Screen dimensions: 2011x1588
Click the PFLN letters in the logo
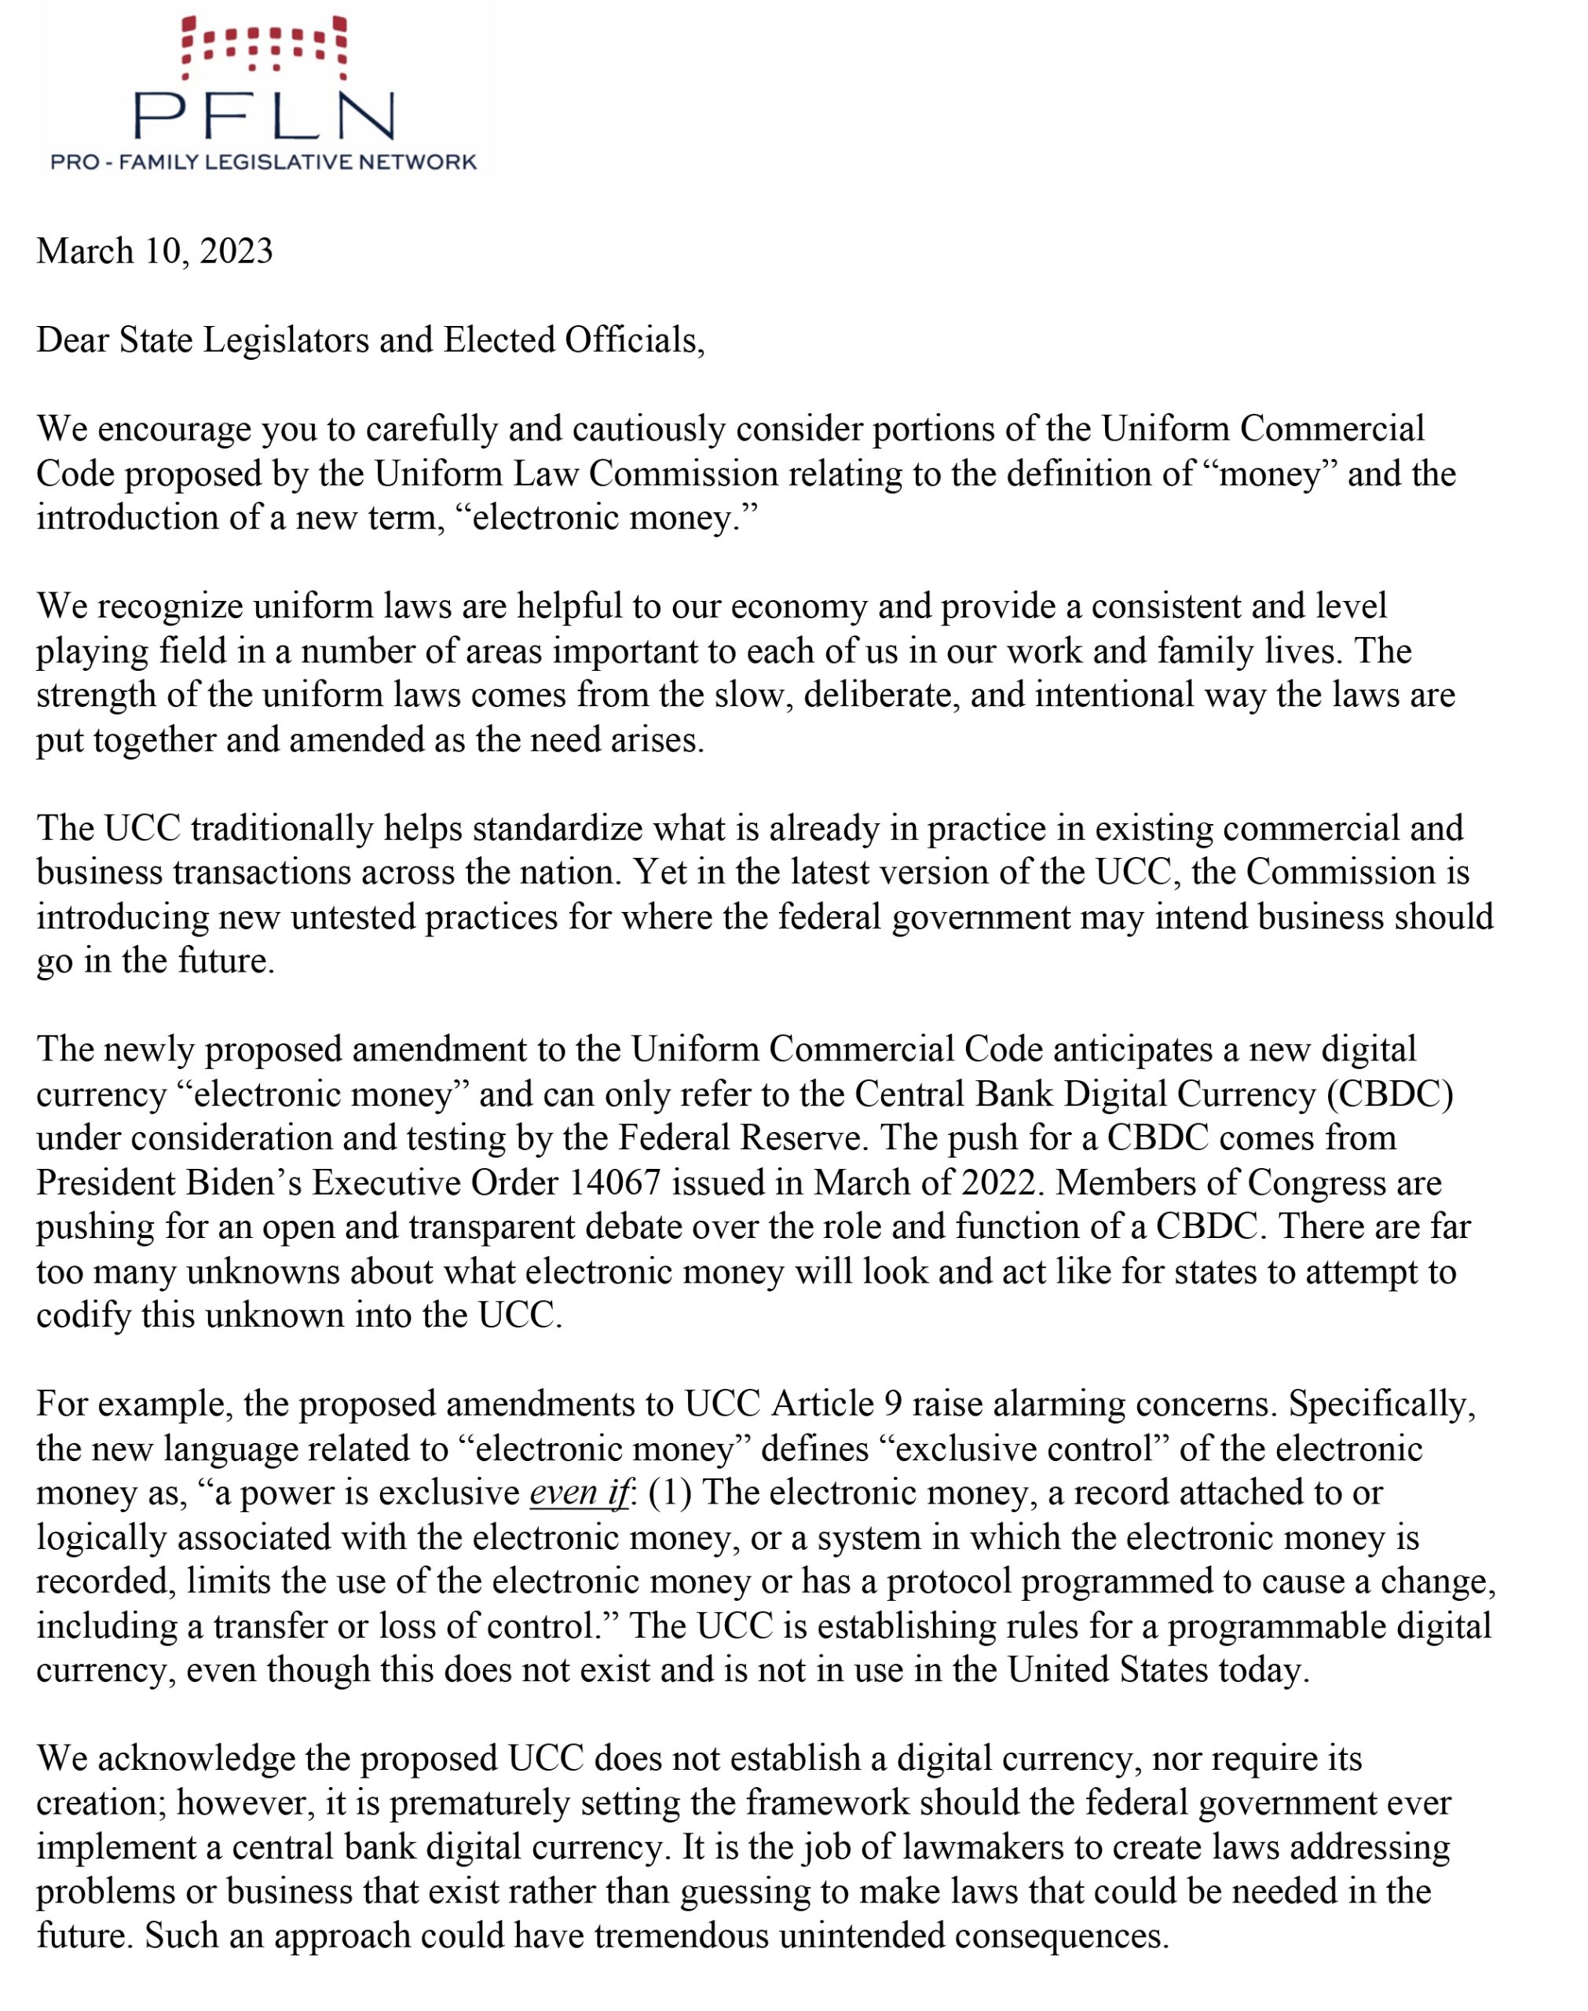coord(264,115)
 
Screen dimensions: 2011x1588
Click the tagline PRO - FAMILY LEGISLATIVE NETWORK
coord(263,163)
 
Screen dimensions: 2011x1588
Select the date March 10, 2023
coord(155,251)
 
